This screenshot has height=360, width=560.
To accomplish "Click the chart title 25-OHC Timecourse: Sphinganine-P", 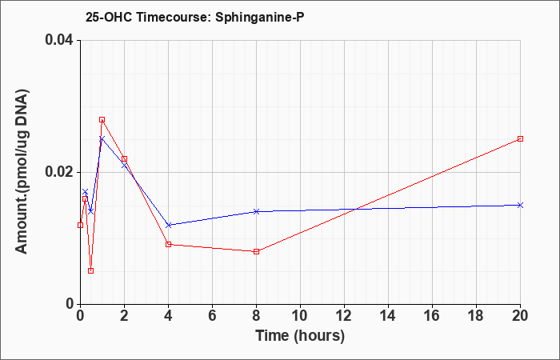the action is pyautogui.click(x=194, y=17).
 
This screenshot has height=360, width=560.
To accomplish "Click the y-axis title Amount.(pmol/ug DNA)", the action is pyautogui.click(x=22, y=171).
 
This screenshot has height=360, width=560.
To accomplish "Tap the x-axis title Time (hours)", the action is pyautogui.click(x=300, y=336).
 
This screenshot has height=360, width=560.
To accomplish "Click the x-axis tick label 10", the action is pyautogui.click(x=300, y=316).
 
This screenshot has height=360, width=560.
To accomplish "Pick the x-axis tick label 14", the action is pyautogui.click(x=388, y=316).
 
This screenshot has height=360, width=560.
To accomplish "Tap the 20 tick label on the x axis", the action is pyautogui.click(x=520, y=316).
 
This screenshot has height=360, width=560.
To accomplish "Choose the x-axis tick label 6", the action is pyautogui.click(x=212, y=316).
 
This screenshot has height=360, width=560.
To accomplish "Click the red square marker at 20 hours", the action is pyautogui.click(x=520, y=138).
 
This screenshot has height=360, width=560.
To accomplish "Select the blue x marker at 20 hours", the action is pyautogui.click(x=520, y=205).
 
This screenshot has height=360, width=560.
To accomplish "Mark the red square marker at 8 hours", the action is pyautogui.click(x=256, y=251).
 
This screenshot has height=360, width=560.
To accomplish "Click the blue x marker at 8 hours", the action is pyautogui.click(x=256, y=211).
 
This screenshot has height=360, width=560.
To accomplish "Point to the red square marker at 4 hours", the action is pyautogui.click(x=169, y=244).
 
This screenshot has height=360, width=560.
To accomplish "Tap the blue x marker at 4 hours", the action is pyautogui.click(x=169, y=225).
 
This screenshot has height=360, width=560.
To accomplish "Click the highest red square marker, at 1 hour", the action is pyautogui.click(x=102, y=120).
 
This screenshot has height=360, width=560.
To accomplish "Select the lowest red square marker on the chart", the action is pyautogui.click(x=90, y=270).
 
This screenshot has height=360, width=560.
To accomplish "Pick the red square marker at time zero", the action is pyautogui.click(x=80, y=225).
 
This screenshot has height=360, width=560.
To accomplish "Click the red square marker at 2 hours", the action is pyautogui.click(x=124, y=159).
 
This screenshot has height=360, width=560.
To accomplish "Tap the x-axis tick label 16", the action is pyautogui.click(x=432, y=316).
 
